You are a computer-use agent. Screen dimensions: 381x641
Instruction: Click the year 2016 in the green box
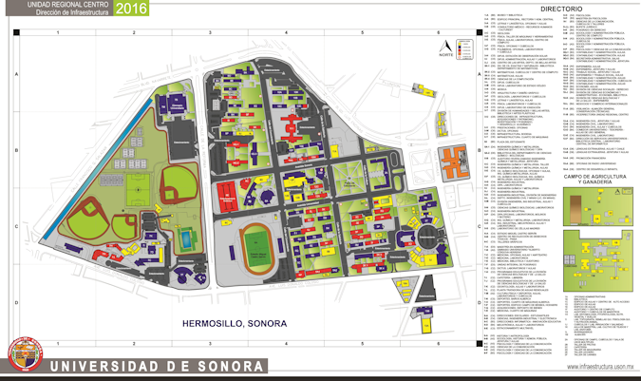point(134,10)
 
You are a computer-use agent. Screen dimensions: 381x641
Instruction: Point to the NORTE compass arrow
point(445,46)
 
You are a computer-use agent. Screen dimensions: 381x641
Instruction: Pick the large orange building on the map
point(453,164)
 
